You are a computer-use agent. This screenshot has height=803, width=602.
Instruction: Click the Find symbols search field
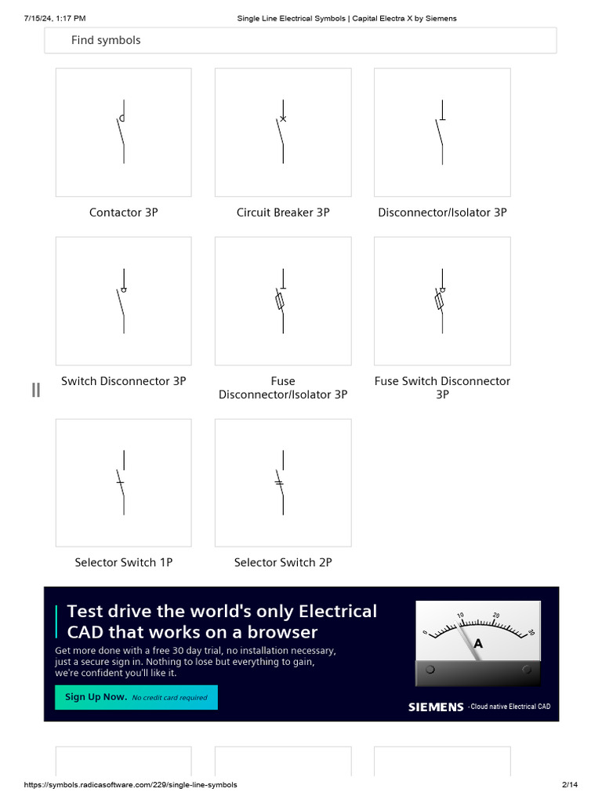(300, 40)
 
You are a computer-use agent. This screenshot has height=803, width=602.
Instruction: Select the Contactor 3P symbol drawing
(123, 132)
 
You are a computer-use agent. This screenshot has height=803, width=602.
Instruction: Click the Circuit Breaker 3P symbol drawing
(283, 132)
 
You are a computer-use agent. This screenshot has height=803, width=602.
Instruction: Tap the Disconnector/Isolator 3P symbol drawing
(442, 132)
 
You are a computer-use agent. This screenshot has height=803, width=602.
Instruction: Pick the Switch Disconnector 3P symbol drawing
(123, 301)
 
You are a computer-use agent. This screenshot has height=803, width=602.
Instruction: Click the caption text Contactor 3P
(123, 213)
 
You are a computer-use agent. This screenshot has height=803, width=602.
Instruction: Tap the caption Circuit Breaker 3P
(283, 213)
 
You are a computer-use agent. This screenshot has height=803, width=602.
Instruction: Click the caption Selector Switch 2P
(283, 562)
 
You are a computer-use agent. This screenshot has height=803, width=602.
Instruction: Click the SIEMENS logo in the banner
(436, 707)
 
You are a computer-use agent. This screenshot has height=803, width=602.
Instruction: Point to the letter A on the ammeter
(478, 644)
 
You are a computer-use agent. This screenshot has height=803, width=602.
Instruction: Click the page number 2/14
(570, 785)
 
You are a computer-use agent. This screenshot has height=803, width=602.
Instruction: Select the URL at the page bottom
(130, 785)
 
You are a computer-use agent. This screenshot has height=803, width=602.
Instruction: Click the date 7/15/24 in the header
(42, 18)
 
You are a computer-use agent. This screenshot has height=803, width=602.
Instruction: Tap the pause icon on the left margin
(35, 390)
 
